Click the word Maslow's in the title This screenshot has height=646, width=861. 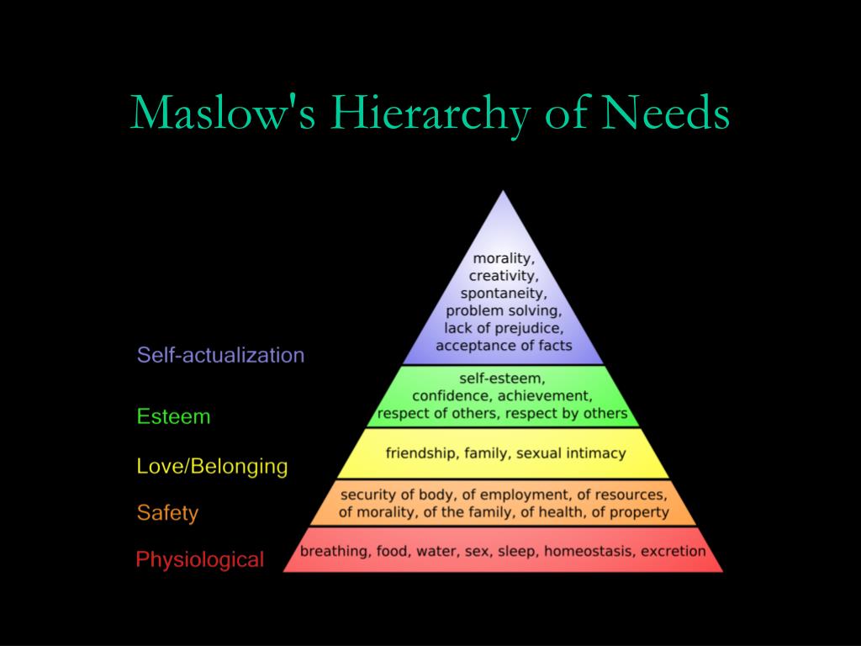point(223,113)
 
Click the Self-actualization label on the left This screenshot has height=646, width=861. point(220,355)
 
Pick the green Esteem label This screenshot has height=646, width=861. point(173,416)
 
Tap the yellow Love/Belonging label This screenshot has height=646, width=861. point(212,466)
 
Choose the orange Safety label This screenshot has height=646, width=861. point(167,512)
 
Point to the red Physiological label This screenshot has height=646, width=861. point(200,559)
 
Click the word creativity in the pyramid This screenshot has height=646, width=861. point(504,275)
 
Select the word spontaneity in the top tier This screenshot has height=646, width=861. point(504,293)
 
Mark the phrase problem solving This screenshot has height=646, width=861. point(504,310)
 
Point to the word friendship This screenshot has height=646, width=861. point(420,453)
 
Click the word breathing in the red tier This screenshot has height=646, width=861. point(334,552)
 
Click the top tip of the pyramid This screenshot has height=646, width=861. point(503,193)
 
